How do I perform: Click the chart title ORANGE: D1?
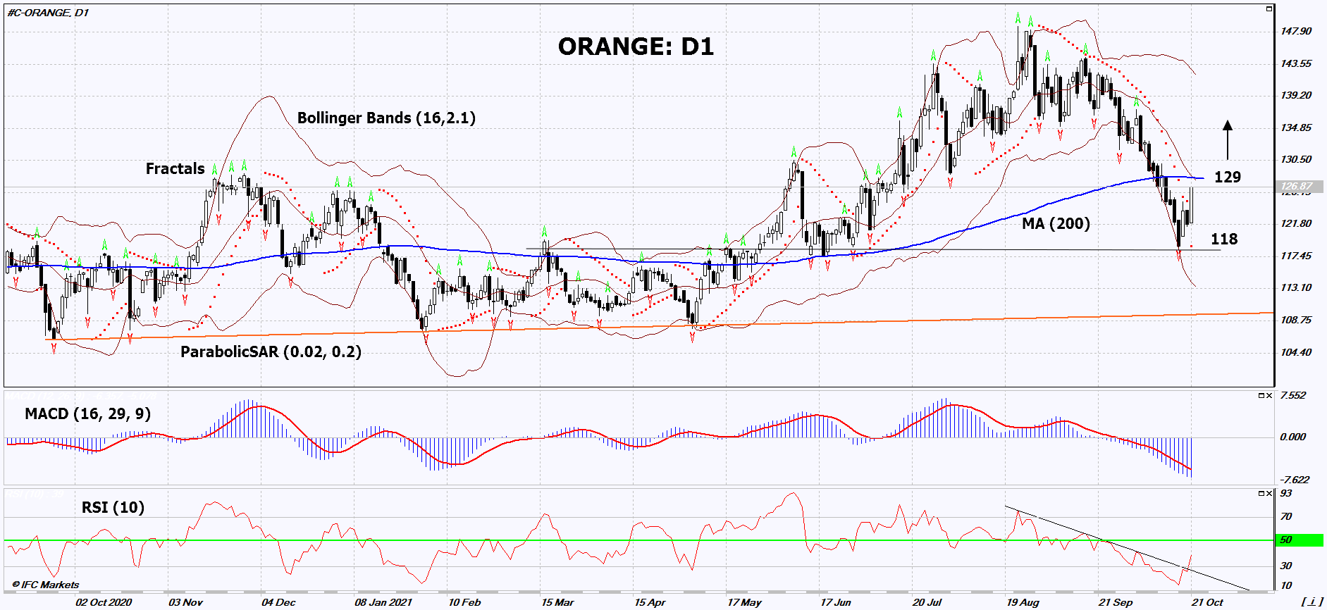coord(635,46)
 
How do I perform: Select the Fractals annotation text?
coord(175,168)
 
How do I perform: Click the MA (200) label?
coord(1055,223)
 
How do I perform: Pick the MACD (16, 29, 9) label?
coord(87,413)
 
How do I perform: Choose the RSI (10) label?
coord(113,507)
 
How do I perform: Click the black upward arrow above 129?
coord(1228,139)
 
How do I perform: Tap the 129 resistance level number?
coord(1227,177)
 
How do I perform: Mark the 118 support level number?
coord(1224,239)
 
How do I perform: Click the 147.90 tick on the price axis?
coord(1296,31)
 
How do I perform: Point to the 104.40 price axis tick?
coord(1296,352)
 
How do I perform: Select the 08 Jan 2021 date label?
coord(383,602)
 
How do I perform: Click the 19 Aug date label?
coord(1022,602)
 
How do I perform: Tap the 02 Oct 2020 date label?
coord(104,602)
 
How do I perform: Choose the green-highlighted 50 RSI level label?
coord(1287,540)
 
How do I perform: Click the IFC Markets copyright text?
coord(47,585)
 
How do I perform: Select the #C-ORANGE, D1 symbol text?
coord(48,13)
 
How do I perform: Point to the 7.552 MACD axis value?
coord(1292,395)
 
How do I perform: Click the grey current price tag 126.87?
coord(1297,187)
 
